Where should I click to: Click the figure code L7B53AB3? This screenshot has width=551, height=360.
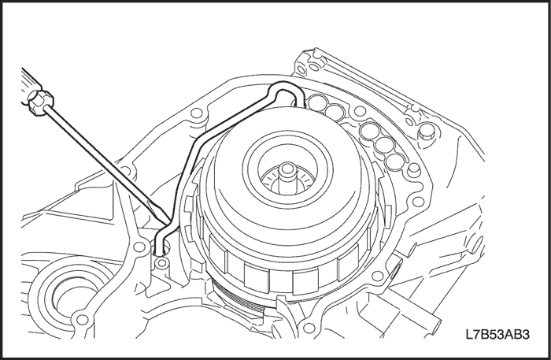pyautogui.click(x=497, y=334)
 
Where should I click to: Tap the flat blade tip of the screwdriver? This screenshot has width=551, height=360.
pyautogui.click(x=170, y=222)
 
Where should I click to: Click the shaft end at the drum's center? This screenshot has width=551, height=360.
pyautogui.click(x=288, y=169)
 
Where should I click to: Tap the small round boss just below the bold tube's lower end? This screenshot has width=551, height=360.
pyautogui.click(x=161, y=262)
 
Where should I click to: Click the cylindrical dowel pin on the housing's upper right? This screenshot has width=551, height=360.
pyautogui.click(x=427, y=131)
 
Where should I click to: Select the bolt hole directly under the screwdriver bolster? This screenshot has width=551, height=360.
pyautogui.click(x=197, y=114)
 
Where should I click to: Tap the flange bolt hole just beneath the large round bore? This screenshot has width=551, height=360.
pyautogui.click(x=82, y=320)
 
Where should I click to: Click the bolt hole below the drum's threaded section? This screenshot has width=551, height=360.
pyautogui.click(x=309, y=328)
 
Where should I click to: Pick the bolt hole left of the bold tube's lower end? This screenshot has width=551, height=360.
pyautogui.click(x=140, y=247)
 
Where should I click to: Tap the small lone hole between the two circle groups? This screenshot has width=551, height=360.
pyautogui.click(x=358, y=111)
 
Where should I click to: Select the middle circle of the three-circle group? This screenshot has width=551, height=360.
pyautogui.click(x=384, y=144)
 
